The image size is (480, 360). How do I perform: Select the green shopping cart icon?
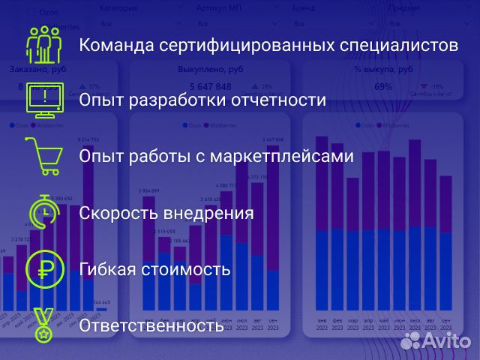tap(43, 156)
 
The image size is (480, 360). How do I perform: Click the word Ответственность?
tap(151, 326)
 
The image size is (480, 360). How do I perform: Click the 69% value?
tap(382, 87)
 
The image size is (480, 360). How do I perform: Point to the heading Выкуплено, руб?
tap(210, 69)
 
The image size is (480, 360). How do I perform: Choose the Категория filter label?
tap(118, 7)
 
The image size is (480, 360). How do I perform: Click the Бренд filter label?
tap(304, 7)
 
